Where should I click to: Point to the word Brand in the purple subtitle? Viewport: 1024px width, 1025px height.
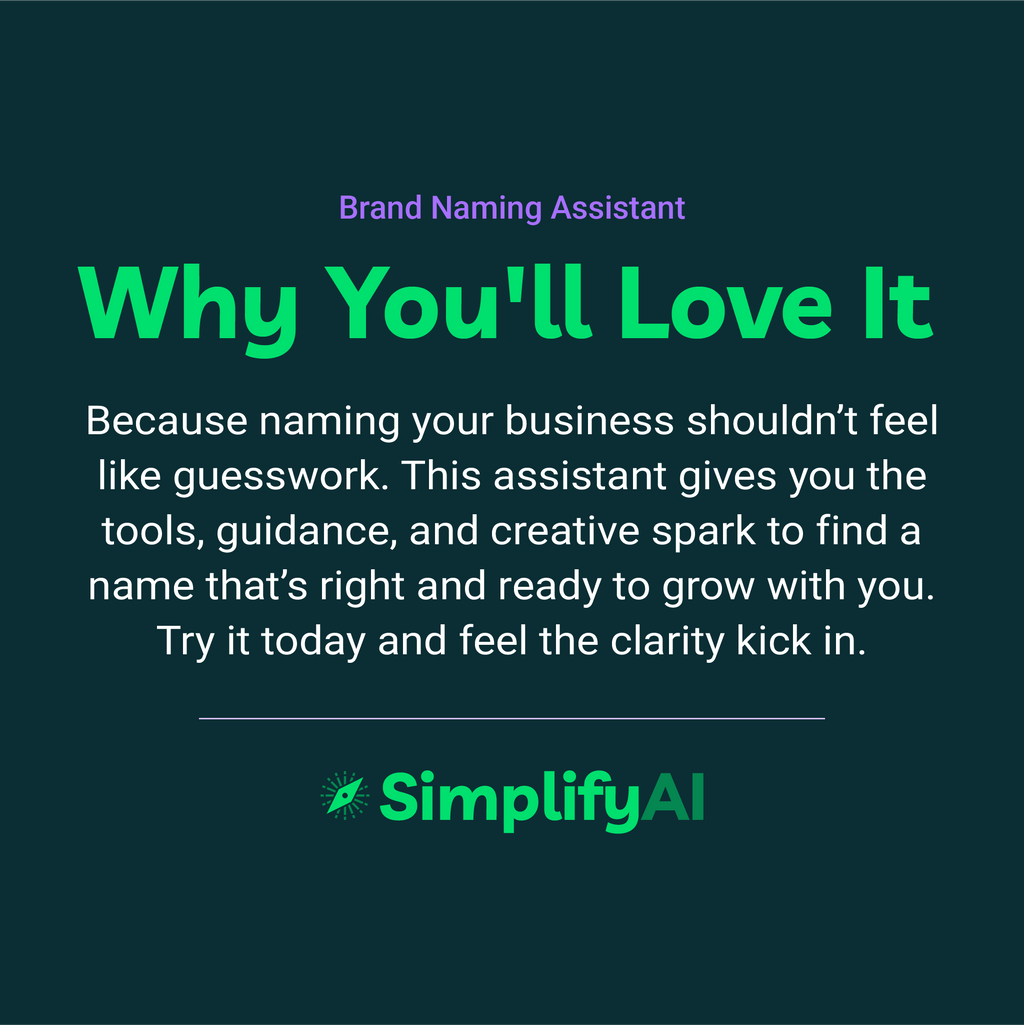click(x=382, y=208)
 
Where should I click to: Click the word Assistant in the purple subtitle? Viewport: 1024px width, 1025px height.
click(x=618, y=208)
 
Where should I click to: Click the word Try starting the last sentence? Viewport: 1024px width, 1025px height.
click(x=186, y=641)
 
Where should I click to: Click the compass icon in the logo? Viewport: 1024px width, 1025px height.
click(x=344, y=796)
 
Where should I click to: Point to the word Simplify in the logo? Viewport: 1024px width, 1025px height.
click(x=508, y=799)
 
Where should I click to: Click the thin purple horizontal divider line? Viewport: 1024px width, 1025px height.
click(x=512, y=718)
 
